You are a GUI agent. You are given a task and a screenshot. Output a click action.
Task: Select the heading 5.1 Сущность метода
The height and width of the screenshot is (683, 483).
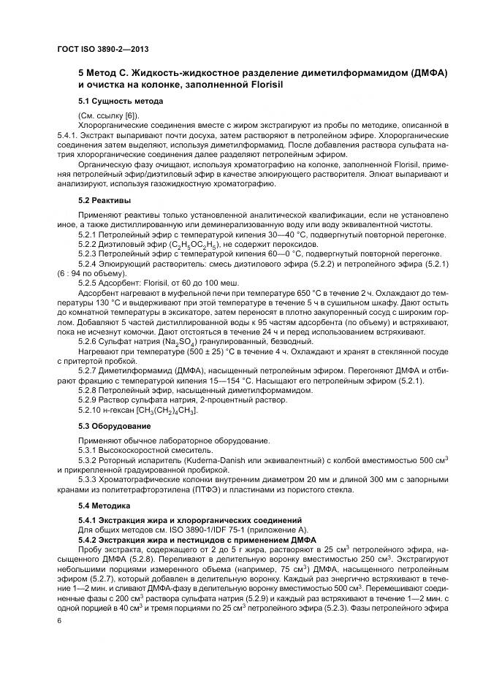[120, 101]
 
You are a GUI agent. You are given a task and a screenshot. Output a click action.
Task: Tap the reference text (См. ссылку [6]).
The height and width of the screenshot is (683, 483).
[111, 116]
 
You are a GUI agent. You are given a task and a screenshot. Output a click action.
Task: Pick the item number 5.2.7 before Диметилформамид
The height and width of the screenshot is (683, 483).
[88, 370]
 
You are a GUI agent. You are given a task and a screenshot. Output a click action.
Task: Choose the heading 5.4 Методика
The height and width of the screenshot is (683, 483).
[104, 505]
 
